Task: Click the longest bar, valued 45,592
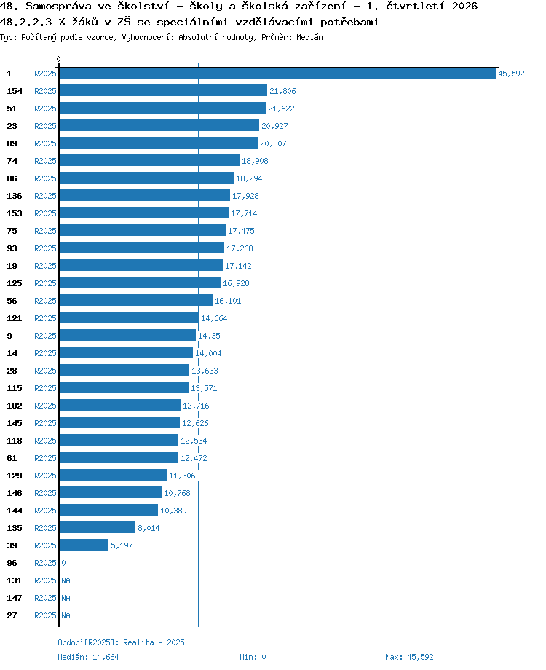click(277, 73)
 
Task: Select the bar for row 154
click(163, 90)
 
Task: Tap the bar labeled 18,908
click(149, 160)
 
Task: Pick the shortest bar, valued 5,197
click(84, 545)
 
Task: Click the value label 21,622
click(281, 109)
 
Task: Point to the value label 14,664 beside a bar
click(214, 318)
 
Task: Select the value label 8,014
click(149, 528)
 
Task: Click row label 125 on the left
click(15, 283)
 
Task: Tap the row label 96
click(12, 563)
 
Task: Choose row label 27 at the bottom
click(12, 615)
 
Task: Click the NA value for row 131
click(66, 580)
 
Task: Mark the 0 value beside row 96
click(63, 563)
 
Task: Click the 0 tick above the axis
click(58, 59)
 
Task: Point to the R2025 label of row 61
click(45, 458)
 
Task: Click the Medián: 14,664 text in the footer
click(88, 657)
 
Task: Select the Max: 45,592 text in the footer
click(409, 657)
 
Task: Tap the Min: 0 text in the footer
click(253, 657)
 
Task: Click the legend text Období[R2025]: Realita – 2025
click(122, 642)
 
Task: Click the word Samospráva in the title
click(58, 7)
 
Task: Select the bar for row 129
click(113, 475)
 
